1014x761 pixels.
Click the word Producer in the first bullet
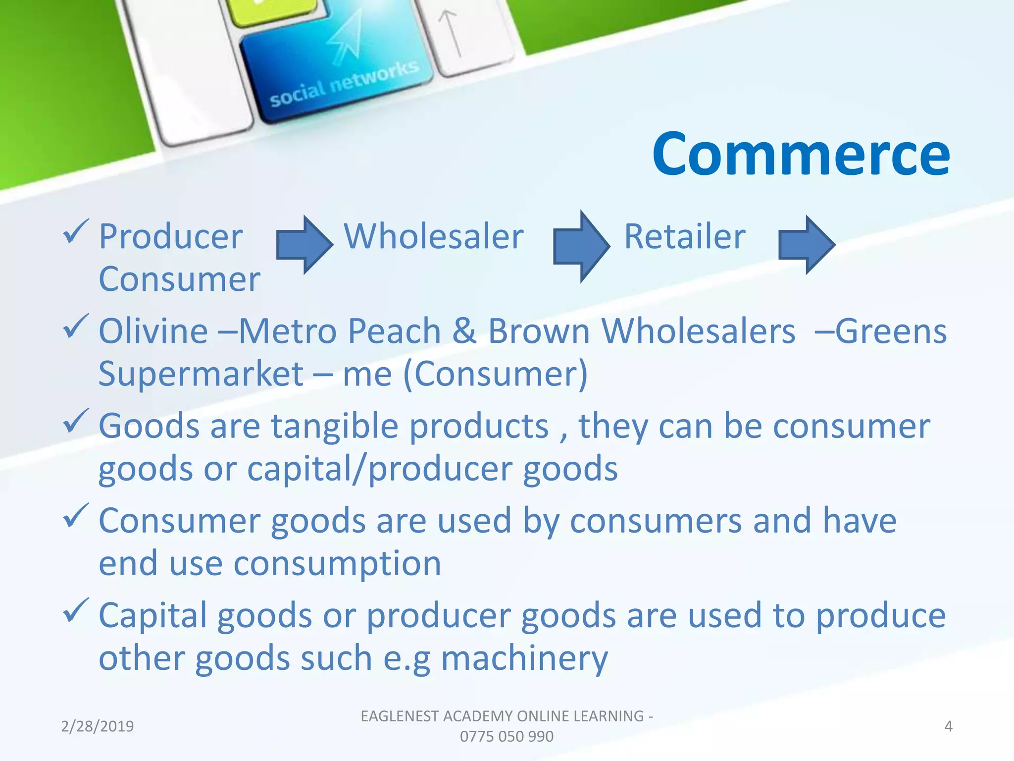pos(170,237)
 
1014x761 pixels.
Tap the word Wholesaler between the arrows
pos(434,237)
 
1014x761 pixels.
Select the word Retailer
pos(684,237)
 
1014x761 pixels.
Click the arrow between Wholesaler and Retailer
pos(581,246)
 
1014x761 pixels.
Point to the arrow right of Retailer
pos(807,245)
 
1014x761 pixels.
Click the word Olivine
pos(153,331)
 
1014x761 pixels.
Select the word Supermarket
pos(201,374)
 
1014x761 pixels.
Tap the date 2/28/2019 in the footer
pos(98,726)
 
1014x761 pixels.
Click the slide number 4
pos(948,726)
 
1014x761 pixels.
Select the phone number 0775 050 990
pos(507,737)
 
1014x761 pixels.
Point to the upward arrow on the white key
pos(450,32)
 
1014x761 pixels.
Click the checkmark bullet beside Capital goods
pos(76,610)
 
